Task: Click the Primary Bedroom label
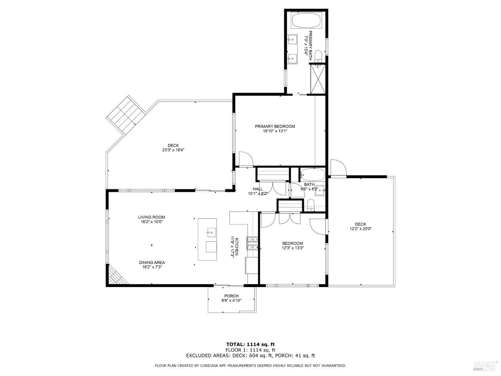coord(275,126)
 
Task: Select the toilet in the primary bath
coord(318,56)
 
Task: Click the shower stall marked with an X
coord(318,79)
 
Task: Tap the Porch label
coord(231,296)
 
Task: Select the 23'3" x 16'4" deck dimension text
coord(173,150)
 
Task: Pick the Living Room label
coord(152,217)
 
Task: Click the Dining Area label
coord(152,262)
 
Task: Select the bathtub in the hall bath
coord(312,174)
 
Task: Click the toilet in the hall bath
coord(310,205)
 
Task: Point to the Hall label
coord(258,189)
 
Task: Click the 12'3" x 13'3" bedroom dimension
coord(293,248)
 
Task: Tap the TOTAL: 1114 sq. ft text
coord(251,344)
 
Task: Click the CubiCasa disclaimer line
coord(250,366)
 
